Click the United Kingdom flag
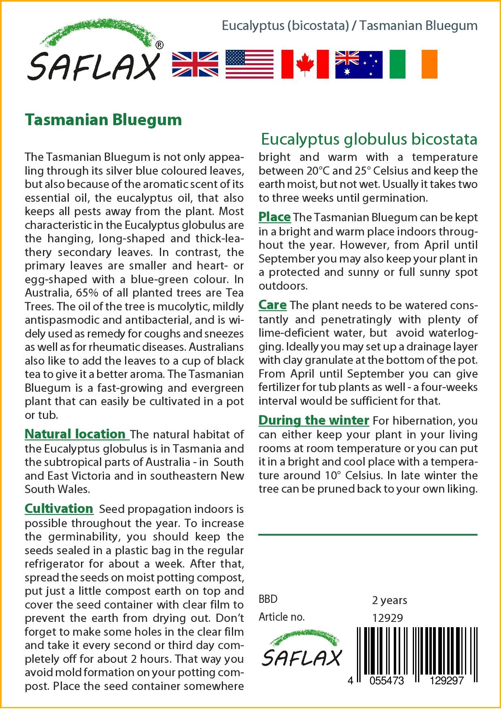tap(195, 64)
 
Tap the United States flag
tap(249, 64)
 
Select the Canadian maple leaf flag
tap(305, 64)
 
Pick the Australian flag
tap(359, 64)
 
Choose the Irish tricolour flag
tap(413, 64)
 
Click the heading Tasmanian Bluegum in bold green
tap(103, 120)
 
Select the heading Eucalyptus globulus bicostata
tap(369, 139)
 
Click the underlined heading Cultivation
tap(59, 508)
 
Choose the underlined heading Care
tap(272, 305)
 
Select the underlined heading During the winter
tap(314, 420)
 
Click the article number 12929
tap(387, 618)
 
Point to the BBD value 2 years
tap(389, 600)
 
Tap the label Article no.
tap(281, 617)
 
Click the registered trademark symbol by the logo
tap(159, 45)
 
